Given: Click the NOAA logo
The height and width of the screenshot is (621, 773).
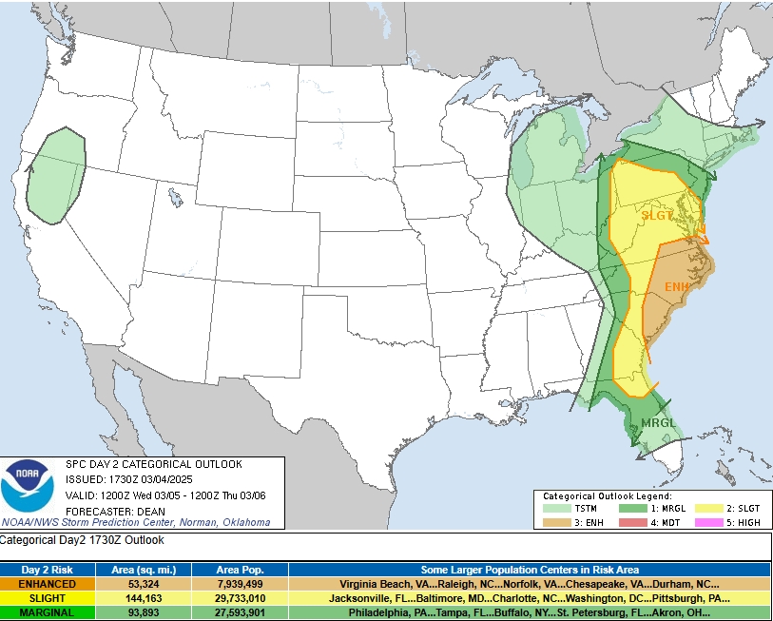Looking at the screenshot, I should [28, 486].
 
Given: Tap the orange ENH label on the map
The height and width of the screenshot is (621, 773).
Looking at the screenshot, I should [676, 287].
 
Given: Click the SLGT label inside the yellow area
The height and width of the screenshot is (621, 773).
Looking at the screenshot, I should [657, 216].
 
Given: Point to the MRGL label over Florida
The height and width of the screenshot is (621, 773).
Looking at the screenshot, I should [658, 422].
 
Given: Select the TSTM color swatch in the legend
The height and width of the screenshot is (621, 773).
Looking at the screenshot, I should [556, 509].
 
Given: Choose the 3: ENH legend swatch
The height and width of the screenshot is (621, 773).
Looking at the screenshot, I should [556, 522].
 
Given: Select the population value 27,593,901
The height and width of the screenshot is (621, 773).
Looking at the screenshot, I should [240, 612].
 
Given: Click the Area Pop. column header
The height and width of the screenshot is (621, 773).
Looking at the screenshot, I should [240, 570].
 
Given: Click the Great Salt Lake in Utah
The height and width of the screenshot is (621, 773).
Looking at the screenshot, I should [175, 199].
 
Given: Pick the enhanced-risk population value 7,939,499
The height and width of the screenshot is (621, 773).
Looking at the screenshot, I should [240, 584].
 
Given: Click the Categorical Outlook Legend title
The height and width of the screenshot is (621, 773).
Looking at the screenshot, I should [607, 496].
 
